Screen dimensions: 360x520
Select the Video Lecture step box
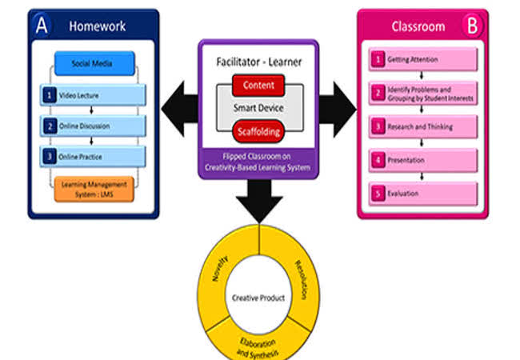coord(94,95)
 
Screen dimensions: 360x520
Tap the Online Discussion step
coord(94,126)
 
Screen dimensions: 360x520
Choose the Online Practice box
coord(94,155)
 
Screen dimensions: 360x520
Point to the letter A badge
coord(42,25)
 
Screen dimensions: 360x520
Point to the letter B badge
coord(473,26)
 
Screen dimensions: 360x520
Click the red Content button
coord(258,85)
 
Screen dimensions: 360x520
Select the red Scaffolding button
coord(258,130)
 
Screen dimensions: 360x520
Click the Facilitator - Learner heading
coord(258,62)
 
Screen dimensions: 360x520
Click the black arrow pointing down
coord(258,201)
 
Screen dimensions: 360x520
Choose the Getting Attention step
coord(425,60)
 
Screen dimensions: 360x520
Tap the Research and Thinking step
coord(425,126)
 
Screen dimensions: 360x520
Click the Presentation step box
coord(425,159)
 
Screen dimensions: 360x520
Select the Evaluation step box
coord(425,193)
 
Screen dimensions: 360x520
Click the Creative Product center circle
coord(258,298)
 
